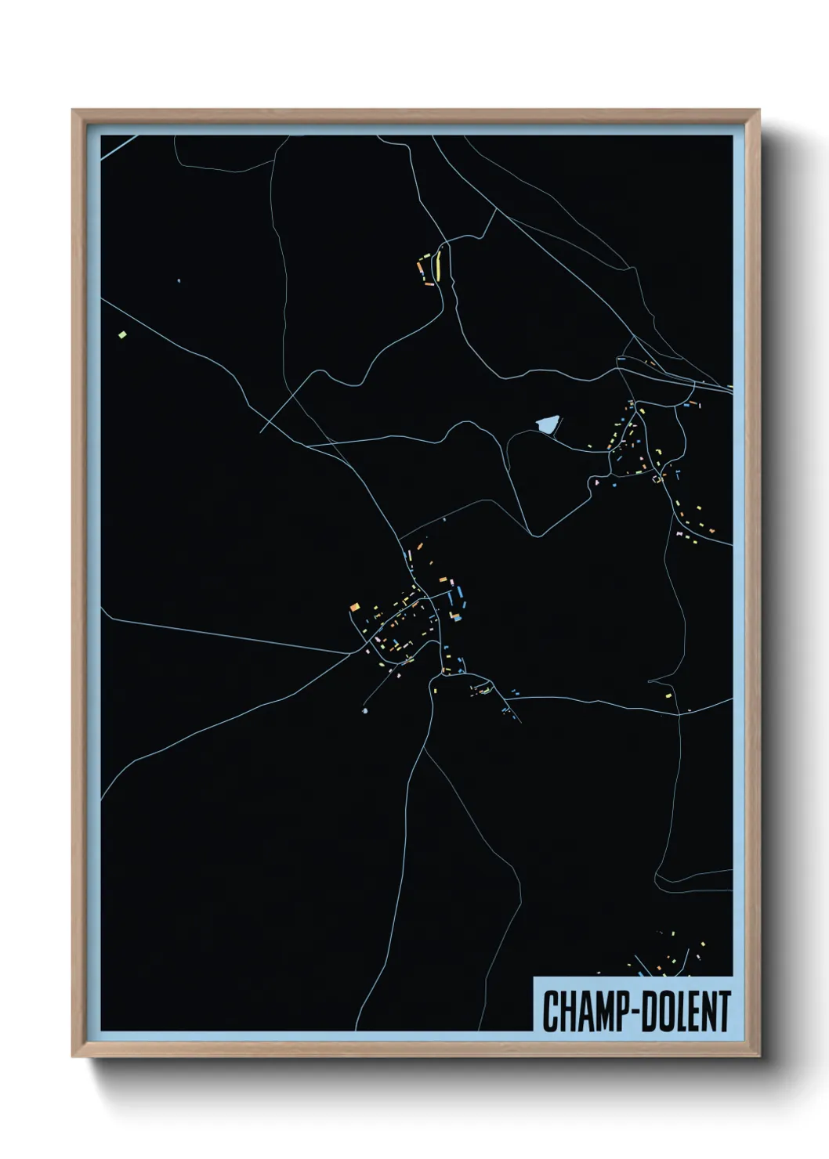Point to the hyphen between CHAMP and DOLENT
tap(631, 1013)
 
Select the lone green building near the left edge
tap(121, 335)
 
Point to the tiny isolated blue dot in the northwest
tap(179, 280)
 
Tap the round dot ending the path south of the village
tap(365, 710)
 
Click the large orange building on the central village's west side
tap(355, 606)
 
